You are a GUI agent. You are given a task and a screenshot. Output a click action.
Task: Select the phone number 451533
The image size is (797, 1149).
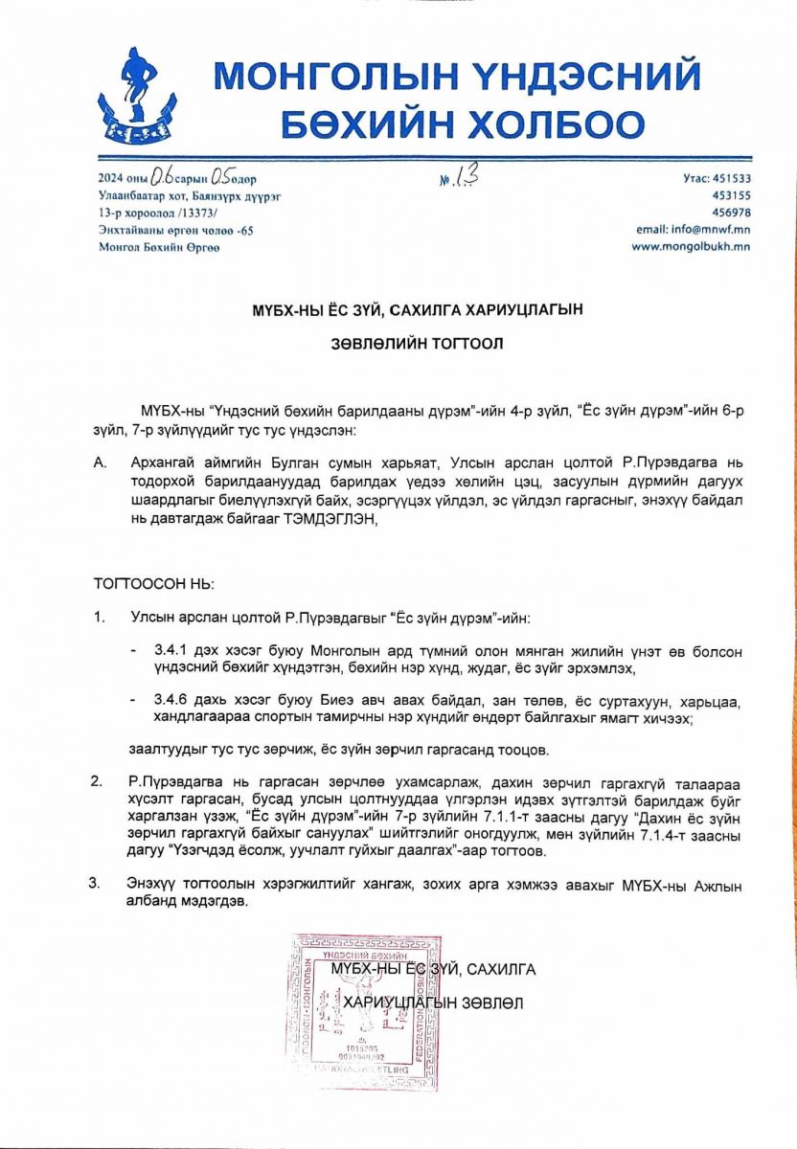pyautogui.click(x=727, y=178)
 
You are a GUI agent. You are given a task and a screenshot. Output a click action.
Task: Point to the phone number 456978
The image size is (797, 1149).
pyautogui.click(x=727, y=213)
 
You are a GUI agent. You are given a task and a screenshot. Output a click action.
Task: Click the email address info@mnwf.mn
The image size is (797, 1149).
pyautogui.click(x=693, y=230)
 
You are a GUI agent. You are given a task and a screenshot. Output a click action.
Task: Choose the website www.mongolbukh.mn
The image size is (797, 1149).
pyautogui.click(x=690, y=246)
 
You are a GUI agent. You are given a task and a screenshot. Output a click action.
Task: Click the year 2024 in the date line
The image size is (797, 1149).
pyautogui.click(x=110, y=179)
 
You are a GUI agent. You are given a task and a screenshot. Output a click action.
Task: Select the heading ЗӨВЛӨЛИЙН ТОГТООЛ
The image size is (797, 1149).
pyautogui.click(x=398, y=341)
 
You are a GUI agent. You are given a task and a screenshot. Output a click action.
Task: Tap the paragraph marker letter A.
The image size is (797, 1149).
pyautogui.click(x=99, y=462)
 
